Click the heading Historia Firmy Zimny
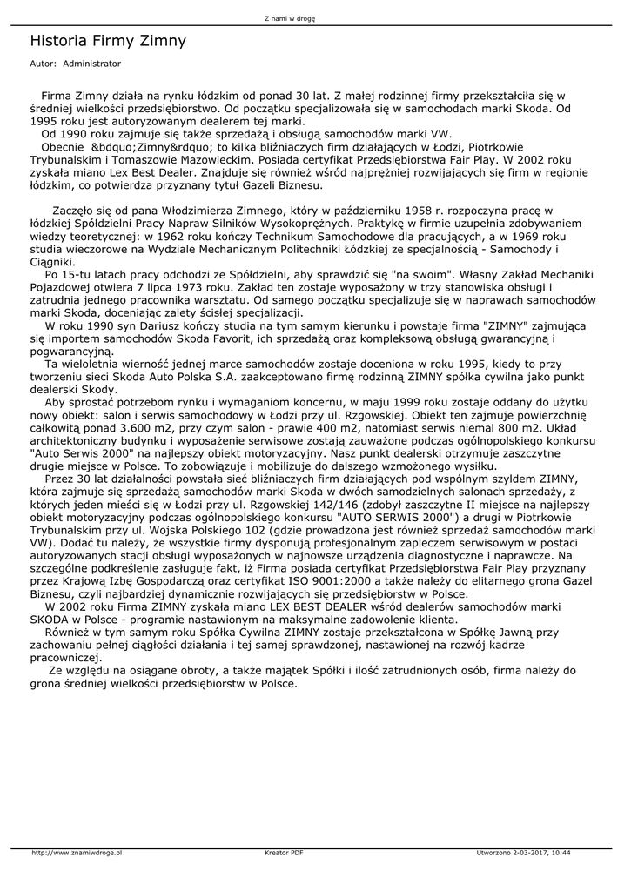108,41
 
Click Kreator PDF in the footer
284,853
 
